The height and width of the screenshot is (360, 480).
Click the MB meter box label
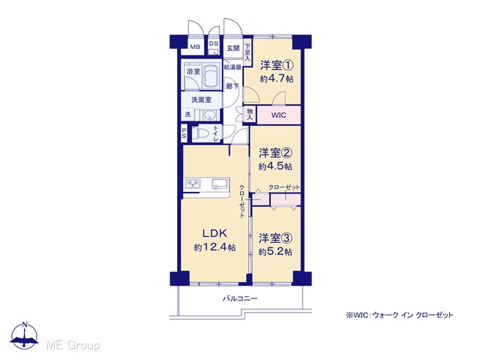(x=195, y=47)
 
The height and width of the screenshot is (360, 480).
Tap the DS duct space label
(x=214, y=43)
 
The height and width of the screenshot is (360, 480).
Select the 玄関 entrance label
(x=233, y=48)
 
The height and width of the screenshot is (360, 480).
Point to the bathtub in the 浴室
(x=211, y=76)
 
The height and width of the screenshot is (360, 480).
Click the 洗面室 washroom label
(x=202, y=100)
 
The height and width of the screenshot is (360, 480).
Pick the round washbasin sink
(x=210, y=115)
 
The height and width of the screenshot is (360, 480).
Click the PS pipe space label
(x=184, y=133)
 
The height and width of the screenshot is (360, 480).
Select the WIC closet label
(x=278, y=115)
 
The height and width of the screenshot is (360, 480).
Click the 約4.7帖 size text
(x=277, y=79)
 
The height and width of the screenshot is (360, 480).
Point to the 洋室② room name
(x=275, y=153)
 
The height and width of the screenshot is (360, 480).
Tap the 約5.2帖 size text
(x=275, y=252)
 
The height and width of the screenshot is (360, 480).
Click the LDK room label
(x=214, y=233)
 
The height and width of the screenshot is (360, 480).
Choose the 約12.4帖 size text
(x=214, y=247)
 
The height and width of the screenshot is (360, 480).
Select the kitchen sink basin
(x=220, y=183)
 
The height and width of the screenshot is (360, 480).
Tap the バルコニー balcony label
(x=240, y=298)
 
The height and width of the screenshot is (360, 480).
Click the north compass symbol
(x=25, y=335)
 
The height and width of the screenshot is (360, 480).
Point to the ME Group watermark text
(x=73, y=345)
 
